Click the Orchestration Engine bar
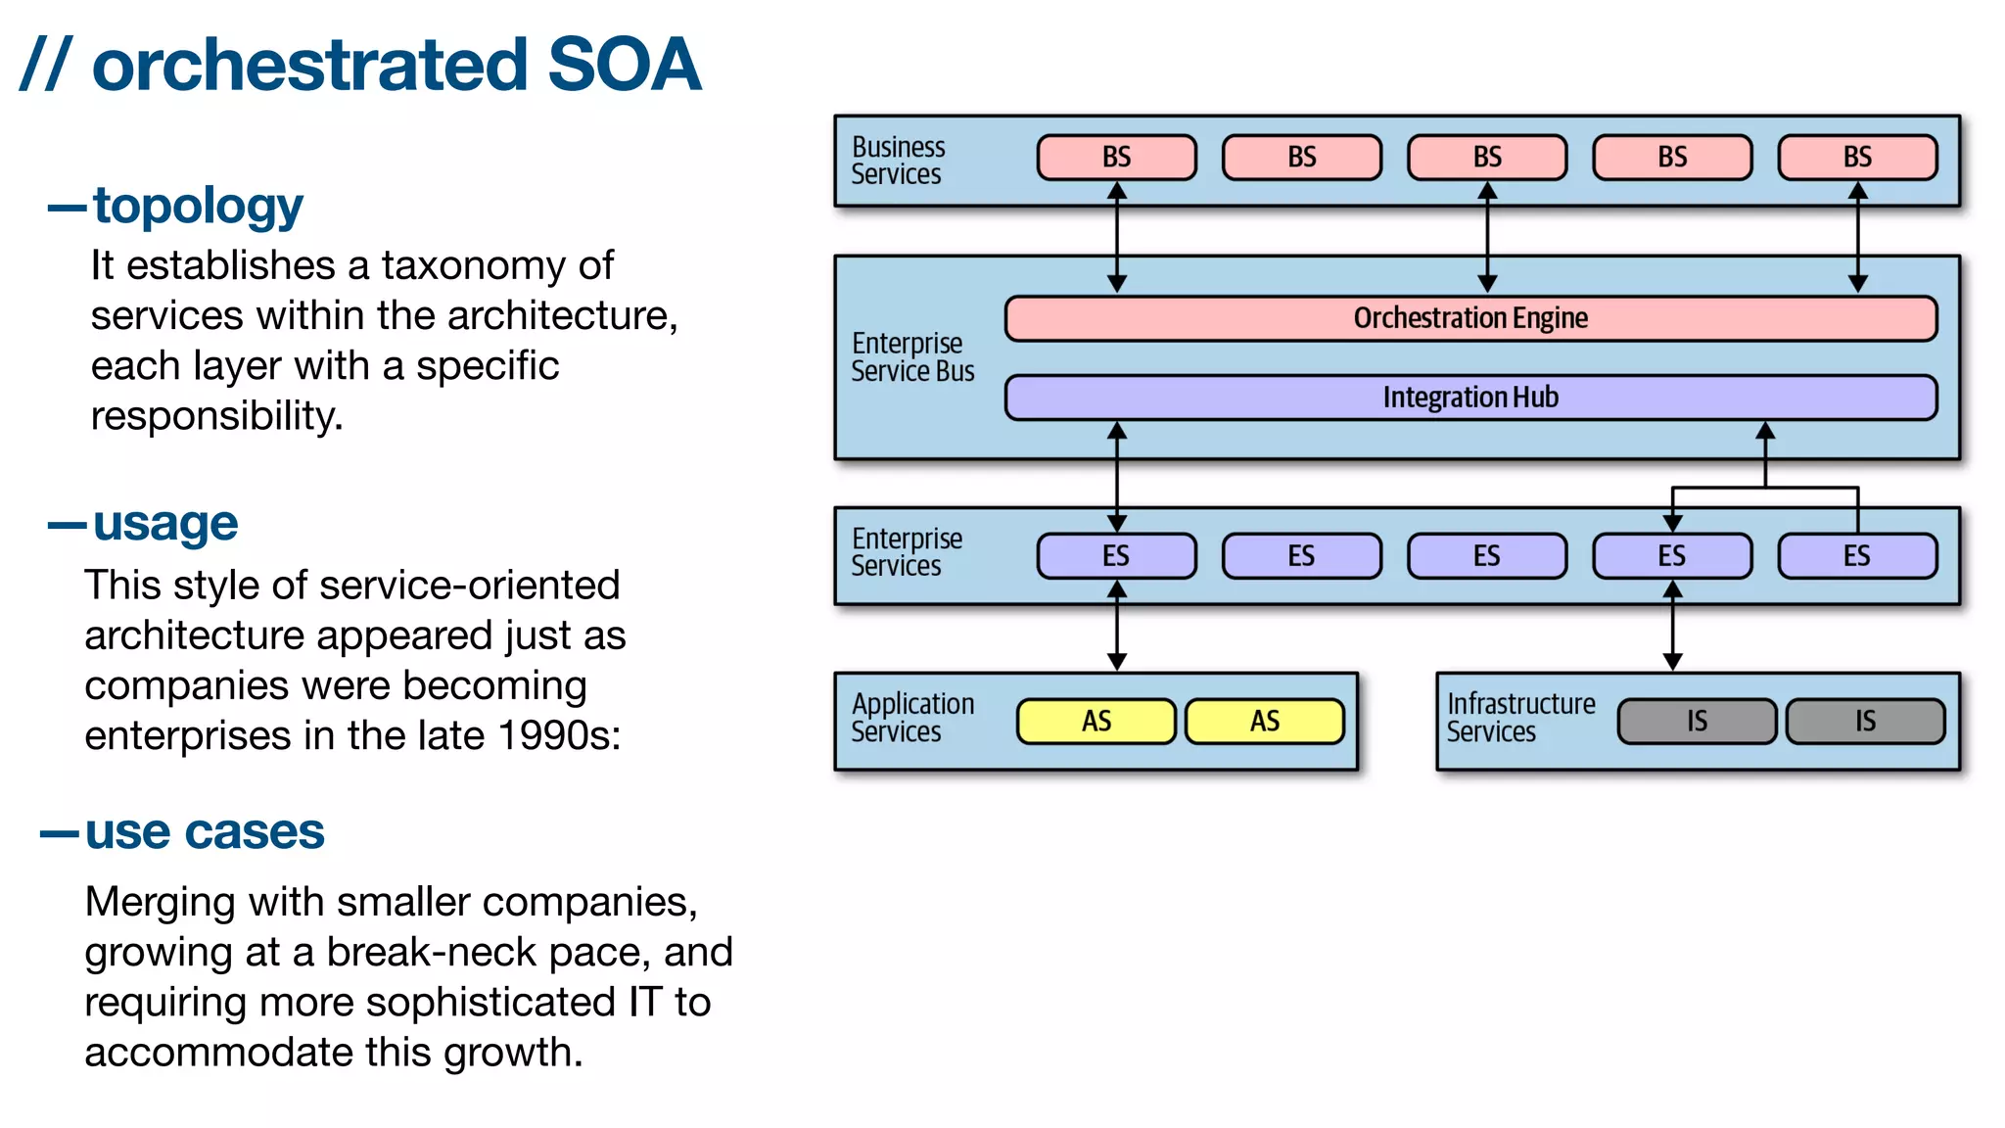tap(1470, 318)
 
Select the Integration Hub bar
tap(1470, 398)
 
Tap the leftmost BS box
tap(1116, 158)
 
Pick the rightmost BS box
tap(1857, 158)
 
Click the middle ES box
tap(1486, 556)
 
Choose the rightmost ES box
tap(1857, 556)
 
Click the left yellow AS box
tap(1096, 722)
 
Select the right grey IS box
tap(1865, 722)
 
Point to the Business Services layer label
tap(898, 161)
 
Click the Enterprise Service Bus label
tap(912, 357)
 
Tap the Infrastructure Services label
tap(1520, 718)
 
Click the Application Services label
tap(912, 718)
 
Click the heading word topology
tap(198, 207)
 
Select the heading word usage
tap(165, 524)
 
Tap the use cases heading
tap(204, 833)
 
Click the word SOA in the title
tap(624, 66)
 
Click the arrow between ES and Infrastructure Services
tap(1672, 627)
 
